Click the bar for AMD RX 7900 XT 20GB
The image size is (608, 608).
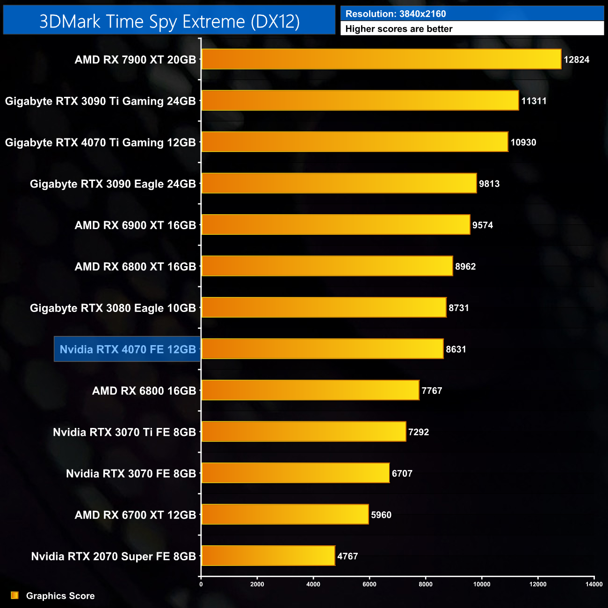tap(381, 59)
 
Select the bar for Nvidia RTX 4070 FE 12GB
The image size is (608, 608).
tap(322, 349)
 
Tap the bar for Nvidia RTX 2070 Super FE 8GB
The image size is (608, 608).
tap(268, 556)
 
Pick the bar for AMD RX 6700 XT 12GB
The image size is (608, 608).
tap(285, 514)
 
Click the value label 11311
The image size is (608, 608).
tap(534, 101)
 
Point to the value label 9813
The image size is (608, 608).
tap(489, 184)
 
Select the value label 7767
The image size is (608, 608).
tap(432, 391)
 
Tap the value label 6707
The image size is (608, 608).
tap(402, 473)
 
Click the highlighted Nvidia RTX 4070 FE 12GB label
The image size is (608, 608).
tap(127, 349)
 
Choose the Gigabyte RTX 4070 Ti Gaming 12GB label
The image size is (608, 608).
tap(101, 143)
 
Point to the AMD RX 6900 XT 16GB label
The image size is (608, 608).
tap(135, 225)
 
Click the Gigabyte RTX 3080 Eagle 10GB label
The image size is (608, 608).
tap(113, 308)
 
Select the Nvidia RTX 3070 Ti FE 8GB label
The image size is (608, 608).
tap(124, 432)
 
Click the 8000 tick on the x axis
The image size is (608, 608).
tap(426, 584)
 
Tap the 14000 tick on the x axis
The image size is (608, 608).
tap(594, 584)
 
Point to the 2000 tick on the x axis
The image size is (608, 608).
tap(257, 584)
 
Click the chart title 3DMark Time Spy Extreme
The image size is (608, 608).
tap(169, 22)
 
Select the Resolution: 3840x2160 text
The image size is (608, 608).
tap(396, 14)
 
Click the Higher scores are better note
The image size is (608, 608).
tap(399, 29)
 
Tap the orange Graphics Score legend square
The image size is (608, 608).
tap(15, 595)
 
